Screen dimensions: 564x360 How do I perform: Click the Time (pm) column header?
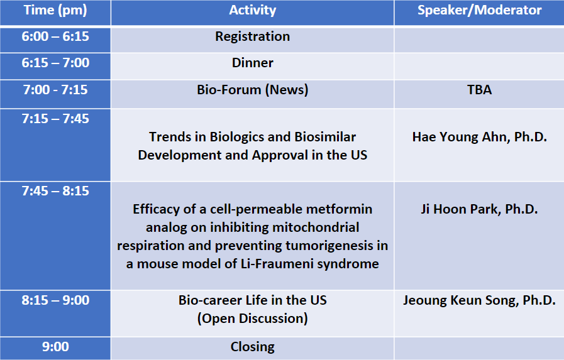point(55,11)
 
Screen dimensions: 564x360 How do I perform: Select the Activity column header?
point(253,11)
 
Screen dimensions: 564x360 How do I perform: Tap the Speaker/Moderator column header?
point(480,11)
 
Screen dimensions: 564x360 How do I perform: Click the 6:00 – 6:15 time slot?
point(55,36)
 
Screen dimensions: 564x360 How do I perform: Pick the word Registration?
point(253,37)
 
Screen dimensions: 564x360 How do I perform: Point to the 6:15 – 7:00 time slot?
point(55,63)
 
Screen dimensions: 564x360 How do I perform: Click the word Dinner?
point(253,63)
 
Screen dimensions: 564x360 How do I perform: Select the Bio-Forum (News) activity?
point(253,90)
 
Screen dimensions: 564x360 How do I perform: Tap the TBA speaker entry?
point(480,89)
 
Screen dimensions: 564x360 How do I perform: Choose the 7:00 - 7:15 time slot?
point(55,89)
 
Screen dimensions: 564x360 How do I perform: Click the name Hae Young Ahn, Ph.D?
point(480,137)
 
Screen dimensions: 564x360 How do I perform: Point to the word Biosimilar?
point(325,137)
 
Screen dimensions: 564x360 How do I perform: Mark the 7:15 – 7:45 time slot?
point(55,119)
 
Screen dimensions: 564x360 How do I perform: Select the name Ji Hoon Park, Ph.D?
point(480,209)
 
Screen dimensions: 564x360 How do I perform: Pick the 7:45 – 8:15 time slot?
point(55,191)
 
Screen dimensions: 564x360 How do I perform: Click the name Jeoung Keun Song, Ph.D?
point(480,301)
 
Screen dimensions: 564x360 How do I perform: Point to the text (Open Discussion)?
point(253,319)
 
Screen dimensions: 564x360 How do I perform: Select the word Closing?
point(253,347)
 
